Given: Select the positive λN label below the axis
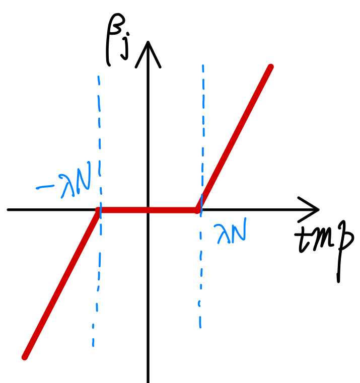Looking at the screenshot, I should tap(231, 233).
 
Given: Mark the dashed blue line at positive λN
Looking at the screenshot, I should tap(202, 126).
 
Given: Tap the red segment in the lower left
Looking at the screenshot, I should tap(60, 284).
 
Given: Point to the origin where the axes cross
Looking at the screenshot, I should tap(148, 210).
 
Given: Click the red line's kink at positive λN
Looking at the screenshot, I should tap(198, 210).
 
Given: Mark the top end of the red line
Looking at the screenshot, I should tap(270, 67).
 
